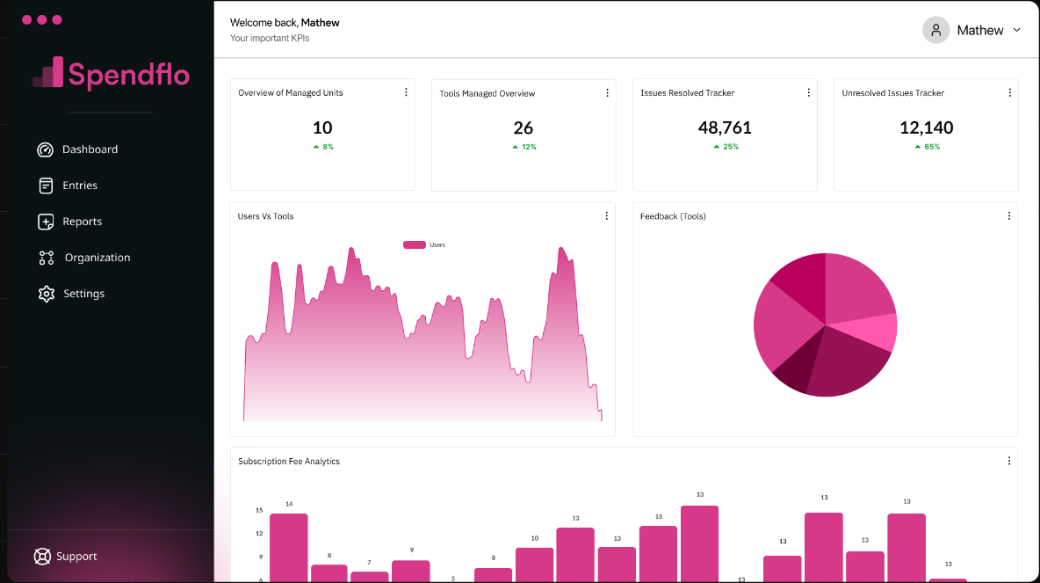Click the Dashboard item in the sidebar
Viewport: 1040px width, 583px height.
pos(89,149)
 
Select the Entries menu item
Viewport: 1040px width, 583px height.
pos(79,186)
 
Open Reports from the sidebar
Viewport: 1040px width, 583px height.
pos(82,222)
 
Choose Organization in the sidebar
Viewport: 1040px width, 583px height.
pos(97,258)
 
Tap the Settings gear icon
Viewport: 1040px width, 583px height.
pos(47,294)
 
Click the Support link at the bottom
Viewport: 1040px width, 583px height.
pos(76,557)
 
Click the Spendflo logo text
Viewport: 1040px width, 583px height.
pos(128,75)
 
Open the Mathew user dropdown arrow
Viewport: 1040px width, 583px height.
pos(1017,30)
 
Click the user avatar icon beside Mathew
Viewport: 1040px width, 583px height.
pos(936,30)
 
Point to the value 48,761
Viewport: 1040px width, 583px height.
pos(725,128)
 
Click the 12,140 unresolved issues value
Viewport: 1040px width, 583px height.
pos(926,128)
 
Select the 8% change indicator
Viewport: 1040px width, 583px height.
pos(323,147)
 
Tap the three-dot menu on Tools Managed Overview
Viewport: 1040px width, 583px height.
pos(607,93)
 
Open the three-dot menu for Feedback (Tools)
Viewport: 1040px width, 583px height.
pos(1009,216)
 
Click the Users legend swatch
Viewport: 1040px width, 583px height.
pos(414,244)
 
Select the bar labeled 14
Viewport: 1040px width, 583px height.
pos(288,545)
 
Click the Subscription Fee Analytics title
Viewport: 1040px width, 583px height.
pos(289,462)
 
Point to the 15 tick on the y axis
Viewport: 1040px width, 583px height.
pos(259,510)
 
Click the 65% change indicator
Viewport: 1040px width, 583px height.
pos(928,147)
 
